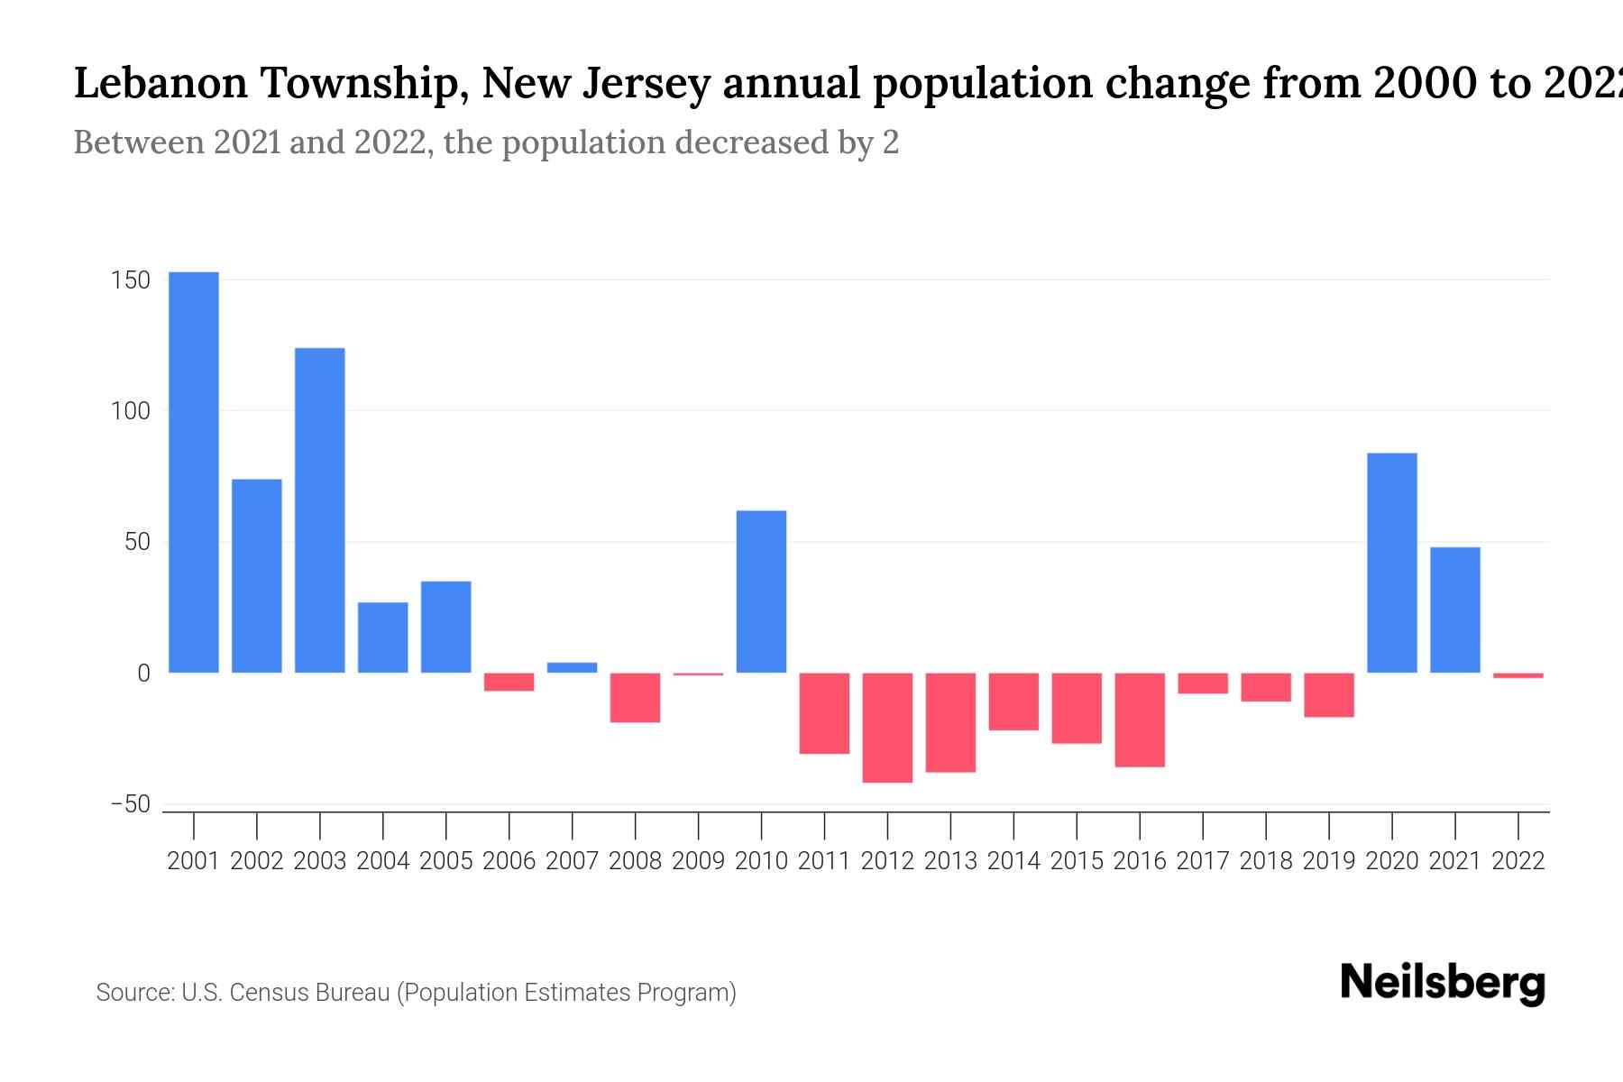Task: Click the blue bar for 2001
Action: click(194, 472)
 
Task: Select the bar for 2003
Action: click(320, 510)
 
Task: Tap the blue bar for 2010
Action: click(761, 591)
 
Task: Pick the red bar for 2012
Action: click(887, 727)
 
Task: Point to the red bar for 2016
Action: click(1140, 720)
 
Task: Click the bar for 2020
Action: click(1392, 563)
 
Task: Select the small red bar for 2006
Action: click(509, 682)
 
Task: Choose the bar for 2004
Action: click(383, 637)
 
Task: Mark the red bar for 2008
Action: click(635, 697)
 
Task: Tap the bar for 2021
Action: click(1455, 610)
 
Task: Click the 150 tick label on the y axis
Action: click(131, 280)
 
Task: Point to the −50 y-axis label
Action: click(130, 804)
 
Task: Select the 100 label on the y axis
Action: click(131, 411)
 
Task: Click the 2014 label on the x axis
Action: click(1013, 861)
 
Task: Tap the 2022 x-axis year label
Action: click(1518, 861)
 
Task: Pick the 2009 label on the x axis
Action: click(698, 861)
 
